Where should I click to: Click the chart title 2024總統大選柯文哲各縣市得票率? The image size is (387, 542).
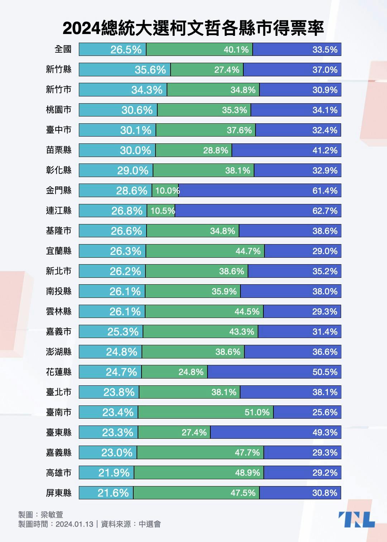pos(193,28)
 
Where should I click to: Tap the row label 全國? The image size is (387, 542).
pos(63,49)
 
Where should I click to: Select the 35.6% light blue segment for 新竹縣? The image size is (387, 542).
pos(125,70)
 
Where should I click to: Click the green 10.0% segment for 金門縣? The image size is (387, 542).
pos(165,190)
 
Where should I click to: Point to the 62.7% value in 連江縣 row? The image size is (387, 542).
pos(325,211)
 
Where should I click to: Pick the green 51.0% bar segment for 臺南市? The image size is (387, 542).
pos(206,412)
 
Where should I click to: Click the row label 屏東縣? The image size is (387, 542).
pos(59,493)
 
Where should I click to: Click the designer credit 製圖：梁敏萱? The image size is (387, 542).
pos(40,515)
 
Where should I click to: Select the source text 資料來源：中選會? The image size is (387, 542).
pos(131,524)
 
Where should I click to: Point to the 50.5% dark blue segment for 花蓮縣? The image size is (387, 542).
pos(274,372)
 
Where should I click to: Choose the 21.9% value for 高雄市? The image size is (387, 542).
pos(114,473)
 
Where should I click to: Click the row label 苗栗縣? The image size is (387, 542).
pos(59,150)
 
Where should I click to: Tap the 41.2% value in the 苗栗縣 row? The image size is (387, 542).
pos(325,150)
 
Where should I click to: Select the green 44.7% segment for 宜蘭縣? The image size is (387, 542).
pos(205,251)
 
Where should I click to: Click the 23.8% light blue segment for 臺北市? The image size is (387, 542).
pos(109,392)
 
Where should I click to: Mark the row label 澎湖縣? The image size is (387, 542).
pos(59,352)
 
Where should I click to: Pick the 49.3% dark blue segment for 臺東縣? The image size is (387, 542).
pos(276,432)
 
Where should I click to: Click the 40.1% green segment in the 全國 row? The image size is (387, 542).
pos(199,49)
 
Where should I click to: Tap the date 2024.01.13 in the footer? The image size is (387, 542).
pos(75,524)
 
